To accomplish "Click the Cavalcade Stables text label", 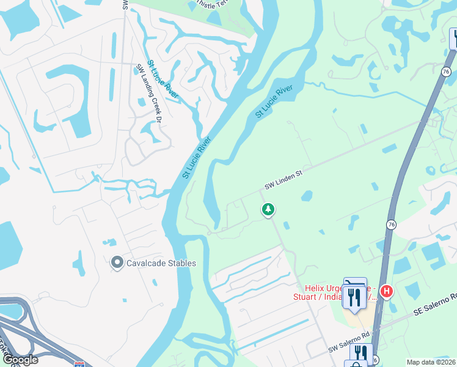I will tap(161, 263).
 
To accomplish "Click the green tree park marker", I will tap(268, 210).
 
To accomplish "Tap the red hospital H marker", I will tap(386, 291).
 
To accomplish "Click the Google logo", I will tap(21, 360).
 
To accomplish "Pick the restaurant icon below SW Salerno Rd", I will tap(361, 353).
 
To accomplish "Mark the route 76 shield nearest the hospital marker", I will tap(389, 224).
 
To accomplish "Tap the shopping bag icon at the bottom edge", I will tap(356, 364).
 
